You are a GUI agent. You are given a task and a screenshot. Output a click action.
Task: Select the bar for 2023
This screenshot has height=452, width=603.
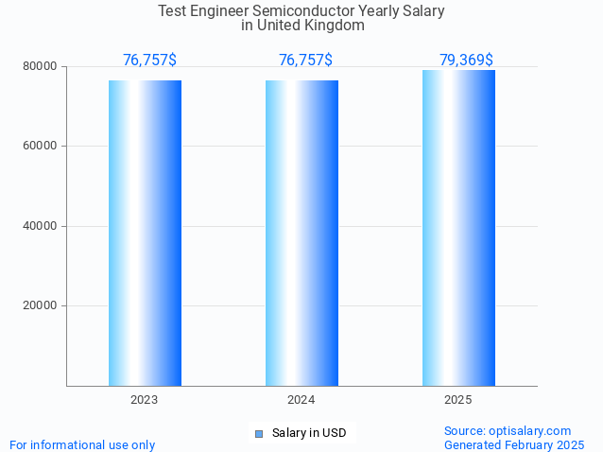pos(145,233)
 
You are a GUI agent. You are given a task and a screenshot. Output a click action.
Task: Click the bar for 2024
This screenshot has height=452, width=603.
pos(301,233)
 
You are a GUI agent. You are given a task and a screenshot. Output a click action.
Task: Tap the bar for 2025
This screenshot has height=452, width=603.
pos(458,228)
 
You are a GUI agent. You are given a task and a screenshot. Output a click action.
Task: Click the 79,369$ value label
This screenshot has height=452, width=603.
pos(466,61)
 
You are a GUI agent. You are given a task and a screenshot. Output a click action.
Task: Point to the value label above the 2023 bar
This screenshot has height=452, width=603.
pos(149,61)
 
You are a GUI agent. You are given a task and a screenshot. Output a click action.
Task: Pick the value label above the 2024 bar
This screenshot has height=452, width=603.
pos(305,61)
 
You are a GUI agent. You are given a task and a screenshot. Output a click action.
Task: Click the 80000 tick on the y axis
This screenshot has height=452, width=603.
pos(42,67)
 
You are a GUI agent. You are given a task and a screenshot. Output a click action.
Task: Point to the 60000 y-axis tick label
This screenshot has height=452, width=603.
pos(42,147)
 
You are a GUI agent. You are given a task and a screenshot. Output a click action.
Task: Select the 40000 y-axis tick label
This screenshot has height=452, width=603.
pos(42,226)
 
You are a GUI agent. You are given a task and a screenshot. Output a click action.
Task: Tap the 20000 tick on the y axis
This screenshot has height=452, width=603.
pos(42,306)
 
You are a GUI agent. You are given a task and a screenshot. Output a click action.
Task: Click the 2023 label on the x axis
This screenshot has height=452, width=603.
pos(145,401)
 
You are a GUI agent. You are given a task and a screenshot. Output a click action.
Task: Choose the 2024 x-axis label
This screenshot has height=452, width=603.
pos(301,401)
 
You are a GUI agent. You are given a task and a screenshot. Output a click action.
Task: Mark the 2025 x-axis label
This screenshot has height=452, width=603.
pos(458,401)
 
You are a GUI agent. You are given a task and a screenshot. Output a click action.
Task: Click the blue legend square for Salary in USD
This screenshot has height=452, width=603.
pos(258,434)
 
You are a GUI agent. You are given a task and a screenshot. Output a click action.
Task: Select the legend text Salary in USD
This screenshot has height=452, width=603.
pos(309,434)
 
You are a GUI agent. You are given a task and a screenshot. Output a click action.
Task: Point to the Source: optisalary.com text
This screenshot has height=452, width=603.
pos(508,431)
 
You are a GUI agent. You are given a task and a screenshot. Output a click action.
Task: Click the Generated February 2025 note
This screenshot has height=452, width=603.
pos(514,444)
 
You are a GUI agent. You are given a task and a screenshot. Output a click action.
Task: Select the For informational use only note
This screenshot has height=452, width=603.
pos(82,444)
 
